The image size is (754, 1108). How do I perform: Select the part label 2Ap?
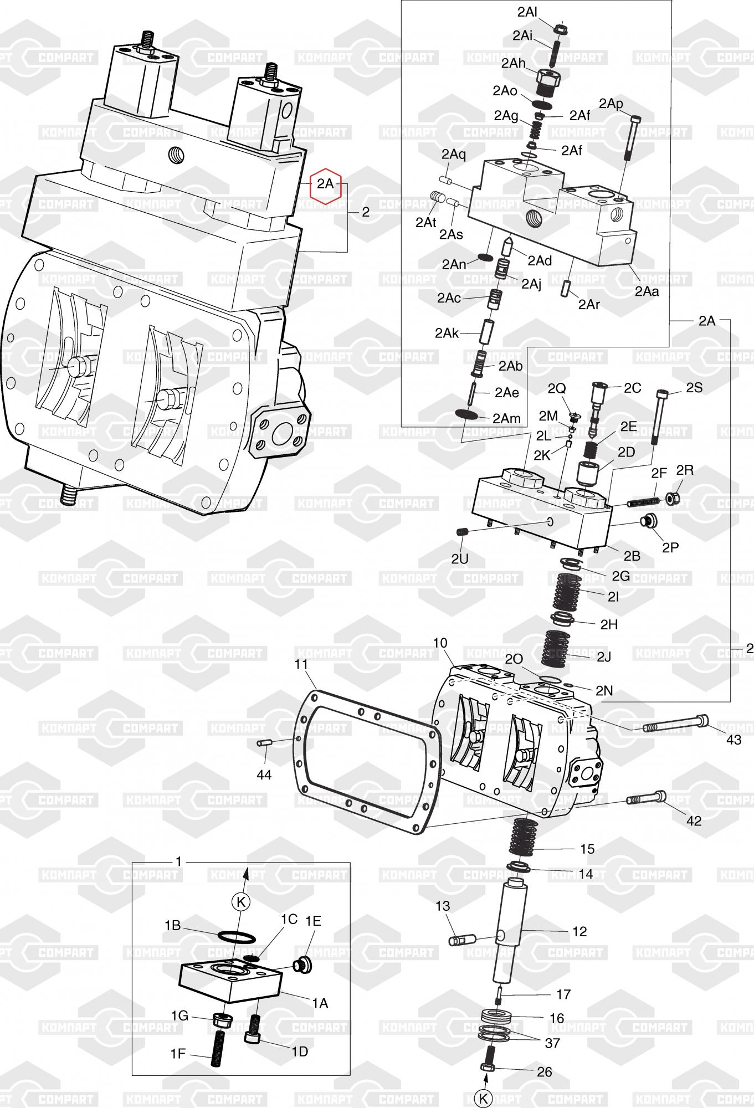coord(611,104)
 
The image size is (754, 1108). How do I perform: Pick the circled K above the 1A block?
coord(240,902)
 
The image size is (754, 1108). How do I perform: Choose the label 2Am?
coord(506,419)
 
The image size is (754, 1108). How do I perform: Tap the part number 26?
coord(545,1071)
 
